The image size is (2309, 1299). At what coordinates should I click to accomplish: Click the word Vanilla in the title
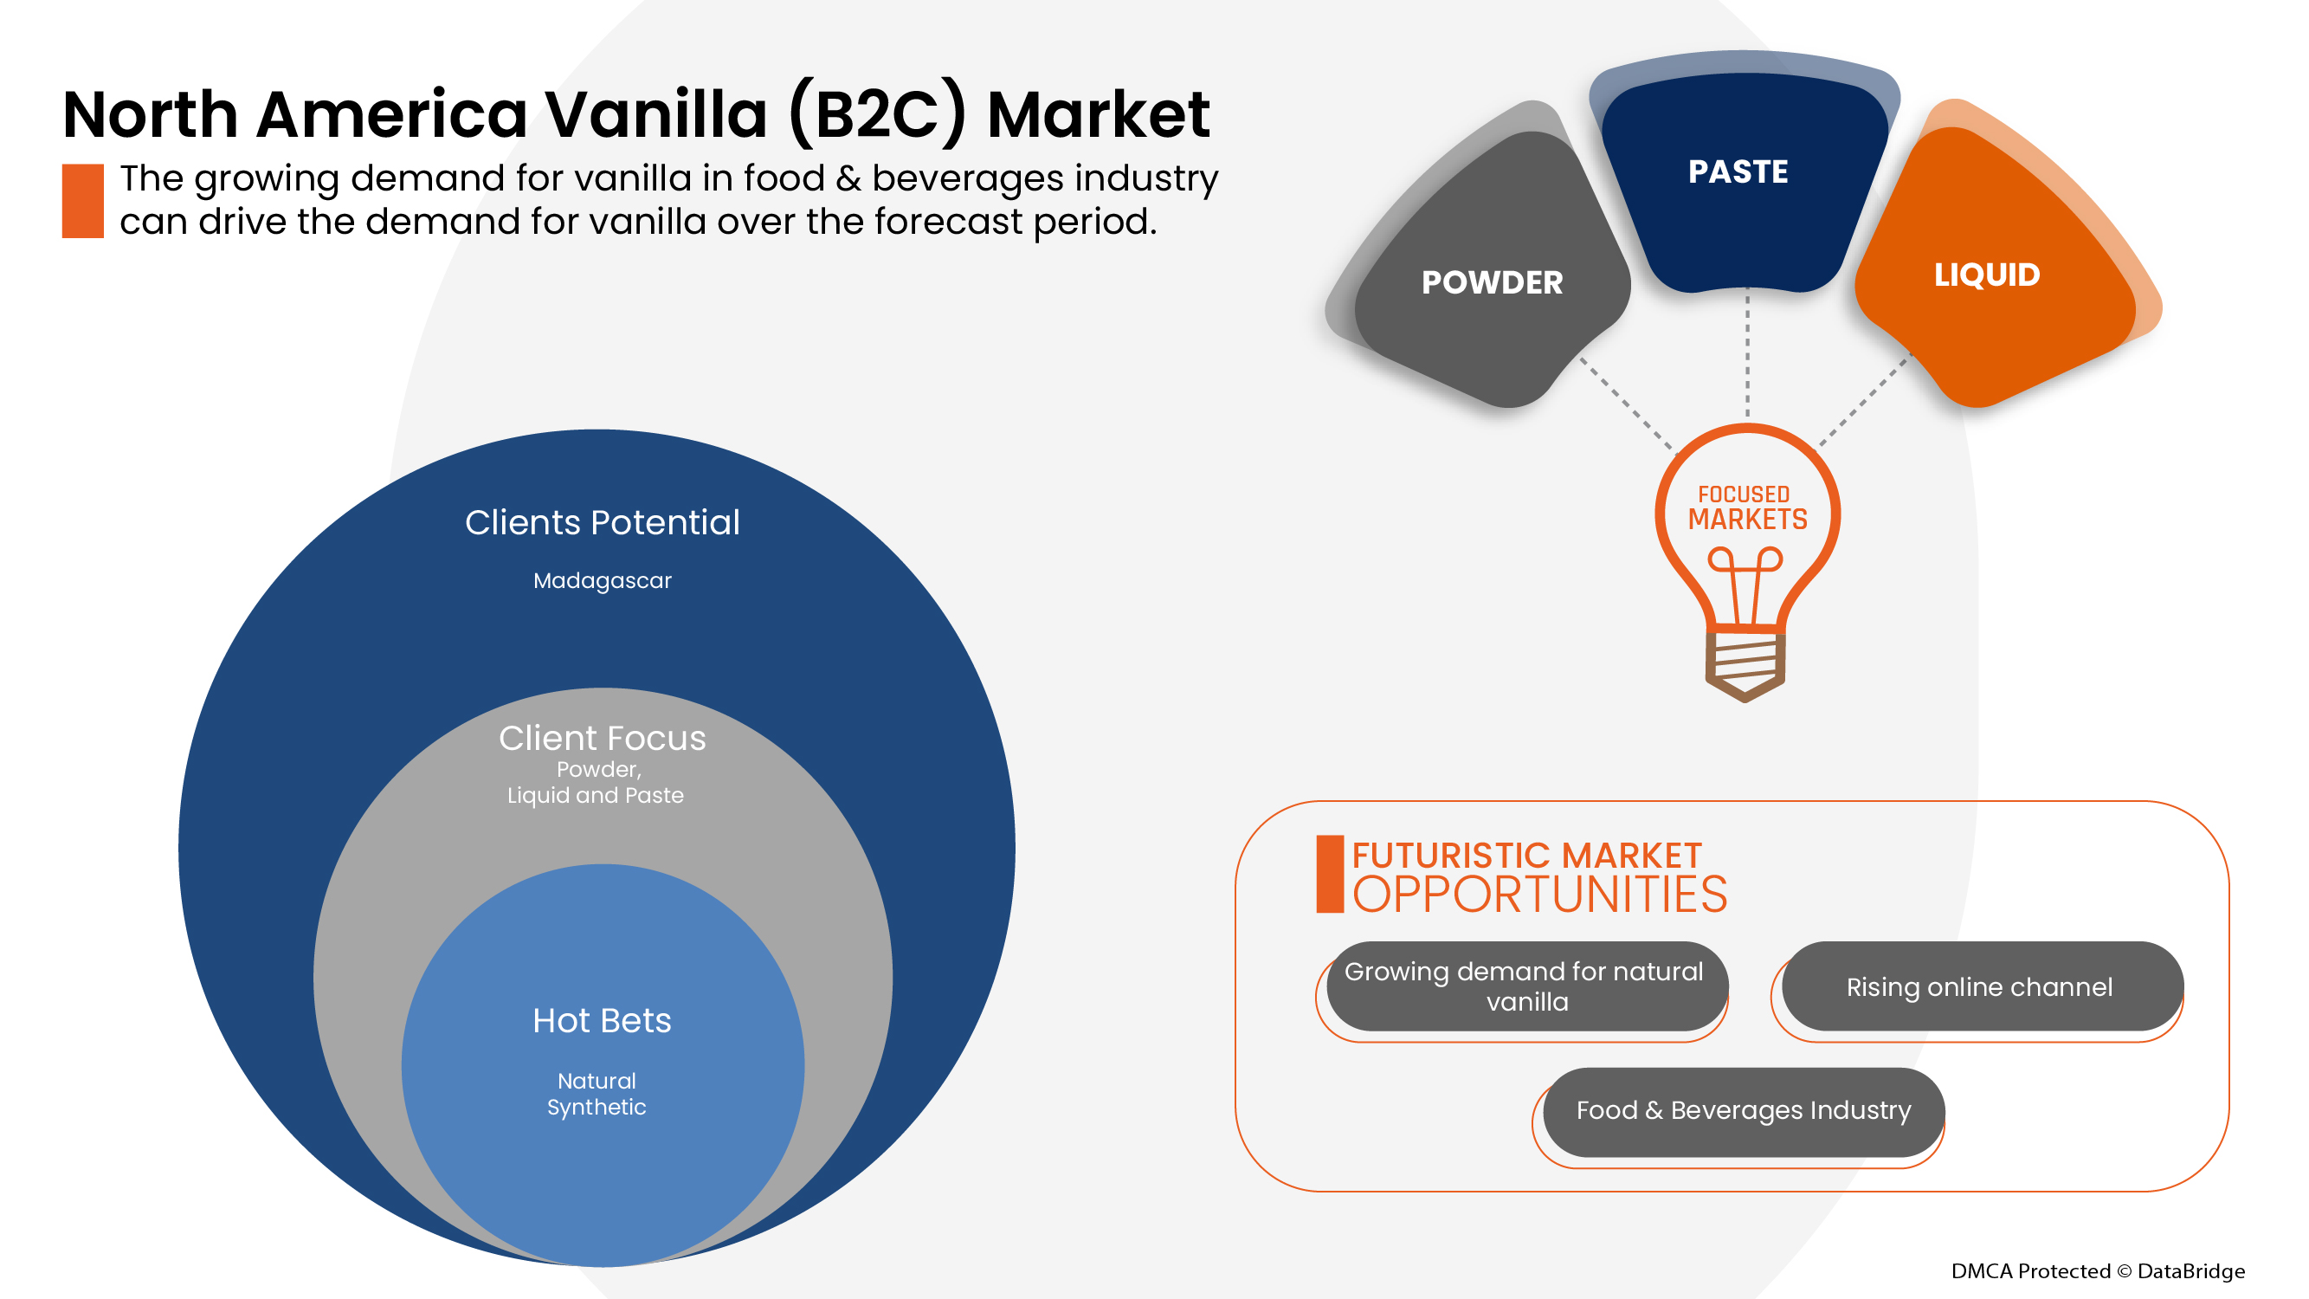655,115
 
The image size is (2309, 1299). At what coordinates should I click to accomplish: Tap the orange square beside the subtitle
82,201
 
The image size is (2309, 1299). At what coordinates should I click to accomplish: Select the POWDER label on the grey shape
1492,282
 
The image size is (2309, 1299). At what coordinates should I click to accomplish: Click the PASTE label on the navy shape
1737,171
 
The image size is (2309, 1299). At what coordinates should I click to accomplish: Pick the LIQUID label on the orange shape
1986,275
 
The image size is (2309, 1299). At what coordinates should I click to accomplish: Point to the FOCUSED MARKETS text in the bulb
1747,507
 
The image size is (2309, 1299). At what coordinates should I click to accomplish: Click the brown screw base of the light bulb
1745,666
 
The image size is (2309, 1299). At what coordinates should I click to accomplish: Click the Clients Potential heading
602,523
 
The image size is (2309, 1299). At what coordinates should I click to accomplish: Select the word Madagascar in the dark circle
602,581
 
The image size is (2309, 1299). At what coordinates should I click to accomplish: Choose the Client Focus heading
602,739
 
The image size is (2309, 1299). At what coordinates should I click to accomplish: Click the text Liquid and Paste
595,795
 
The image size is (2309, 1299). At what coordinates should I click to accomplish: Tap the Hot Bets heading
602,1021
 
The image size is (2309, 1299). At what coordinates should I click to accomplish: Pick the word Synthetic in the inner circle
596,1107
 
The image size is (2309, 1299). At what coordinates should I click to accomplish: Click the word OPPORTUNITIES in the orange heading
1539,895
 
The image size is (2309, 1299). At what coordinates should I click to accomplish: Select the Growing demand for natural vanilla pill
1525,986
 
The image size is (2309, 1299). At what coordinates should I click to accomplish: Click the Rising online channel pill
1980,986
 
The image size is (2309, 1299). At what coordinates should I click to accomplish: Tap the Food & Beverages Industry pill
1744,1111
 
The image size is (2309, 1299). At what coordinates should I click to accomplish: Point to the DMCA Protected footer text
2097,1270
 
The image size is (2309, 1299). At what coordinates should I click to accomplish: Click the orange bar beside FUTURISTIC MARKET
1329,874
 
